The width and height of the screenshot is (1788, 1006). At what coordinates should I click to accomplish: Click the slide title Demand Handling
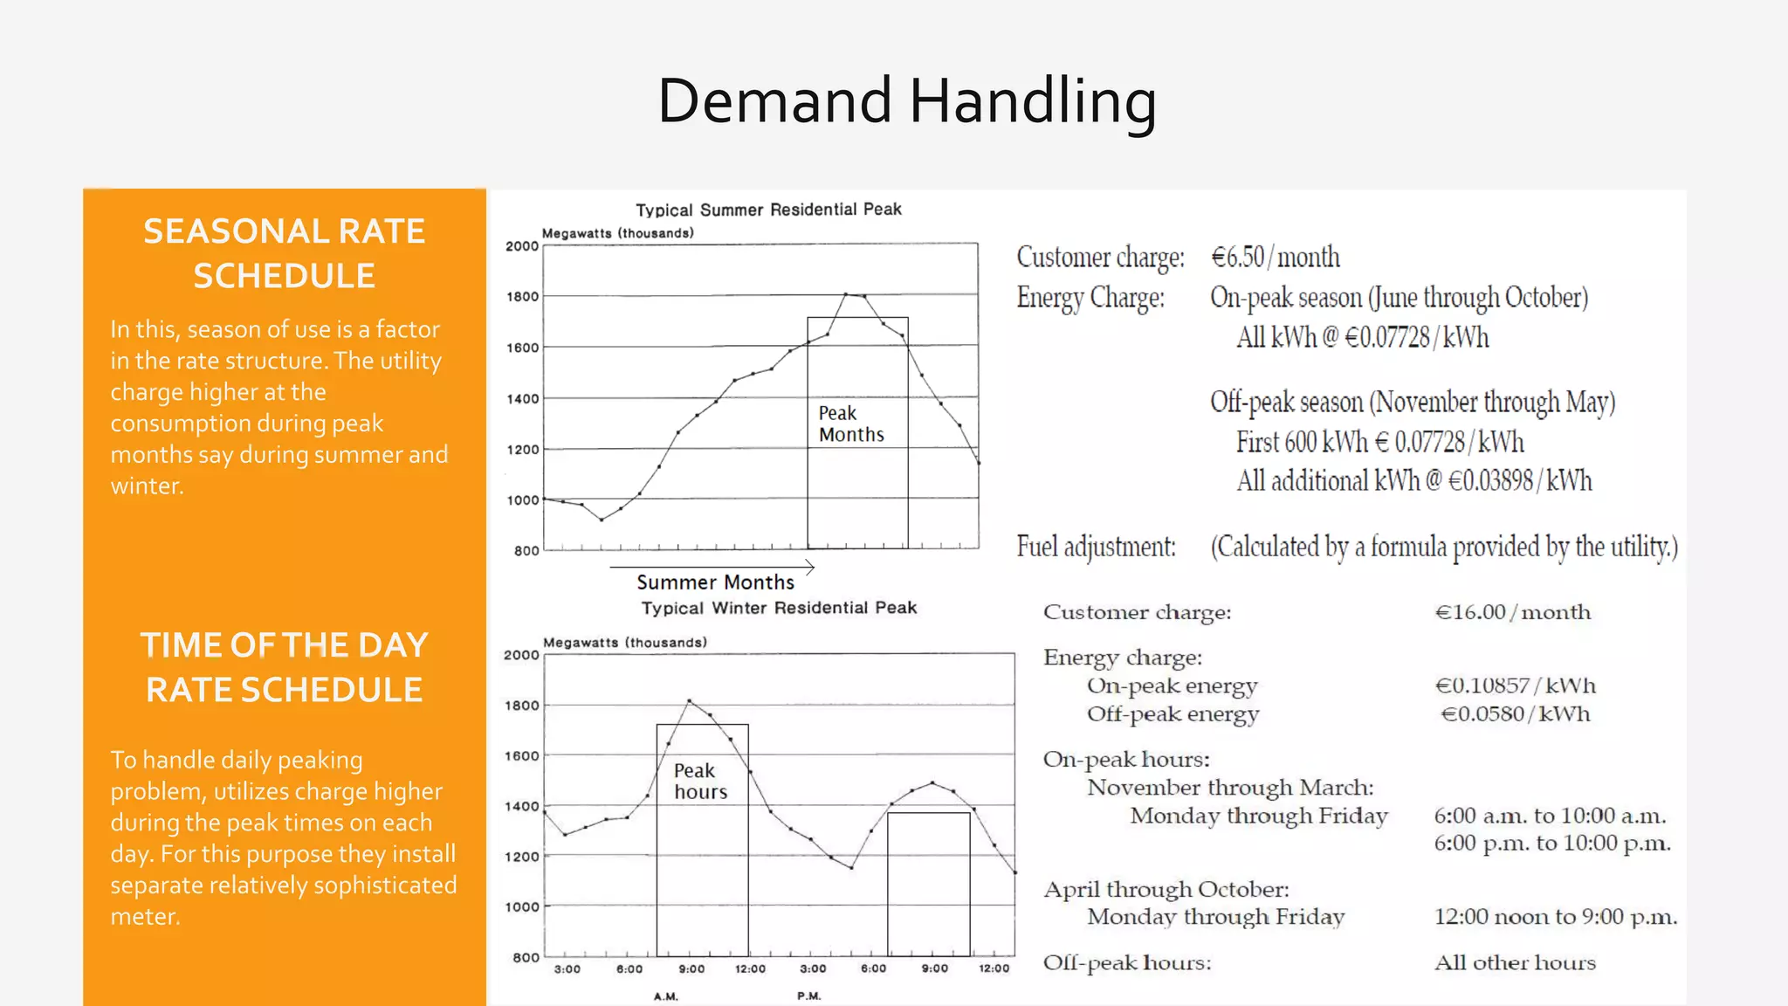click(x=906, y=101)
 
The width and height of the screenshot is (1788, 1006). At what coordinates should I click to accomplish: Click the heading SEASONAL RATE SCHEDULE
click(x=285, y=253)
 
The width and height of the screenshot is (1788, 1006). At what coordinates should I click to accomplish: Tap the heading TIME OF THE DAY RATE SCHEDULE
click(x=285, y=667)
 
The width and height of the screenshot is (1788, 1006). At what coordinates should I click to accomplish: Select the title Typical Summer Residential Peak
click(x=768, y=210)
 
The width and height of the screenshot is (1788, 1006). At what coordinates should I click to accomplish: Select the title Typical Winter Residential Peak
click(x=779, y=608)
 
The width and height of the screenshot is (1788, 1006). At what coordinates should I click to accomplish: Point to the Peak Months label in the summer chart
click(x=850, y=424)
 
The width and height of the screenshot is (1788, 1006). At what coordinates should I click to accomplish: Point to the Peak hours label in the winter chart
click(x=700, y=781)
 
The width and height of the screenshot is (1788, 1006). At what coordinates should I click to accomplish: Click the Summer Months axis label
click(x=715, y=582)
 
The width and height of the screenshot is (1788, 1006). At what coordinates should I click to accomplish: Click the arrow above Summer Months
click(x=712, y=568)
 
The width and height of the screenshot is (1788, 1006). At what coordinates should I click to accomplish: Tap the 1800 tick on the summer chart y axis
click(x=523, y=297)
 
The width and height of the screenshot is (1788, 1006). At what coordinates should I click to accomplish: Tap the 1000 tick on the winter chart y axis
click(x=522, y=907)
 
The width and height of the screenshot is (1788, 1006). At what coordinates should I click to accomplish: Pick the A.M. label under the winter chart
click(x=666, y=996)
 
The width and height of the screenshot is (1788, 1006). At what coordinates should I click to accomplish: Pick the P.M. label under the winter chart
click(x=809, y=996)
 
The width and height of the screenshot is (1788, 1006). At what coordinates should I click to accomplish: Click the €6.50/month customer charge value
click(x=1275, y=257)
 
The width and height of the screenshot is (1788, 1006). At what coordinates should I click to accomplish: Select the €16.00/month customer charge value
click(x=1512, y=612)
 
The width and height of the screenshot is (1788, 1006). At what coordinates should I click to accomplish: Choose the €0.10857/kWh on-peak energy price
click(x=1515, y=686)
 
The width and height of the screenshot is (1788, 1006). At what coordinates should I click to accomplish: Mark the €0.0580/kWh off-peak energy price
click(x=1515, y=713)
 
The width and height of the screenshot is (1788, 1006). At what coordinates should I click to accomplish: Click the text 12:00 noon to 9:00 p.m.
click(x=1555, y=917)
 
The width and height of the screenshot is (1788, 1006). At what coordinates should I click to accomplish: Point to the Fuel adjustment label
click(x=1096, y=547)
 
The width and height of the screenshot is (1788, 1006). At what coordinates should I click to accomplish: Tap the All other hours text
click(x=1515, y=962)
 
